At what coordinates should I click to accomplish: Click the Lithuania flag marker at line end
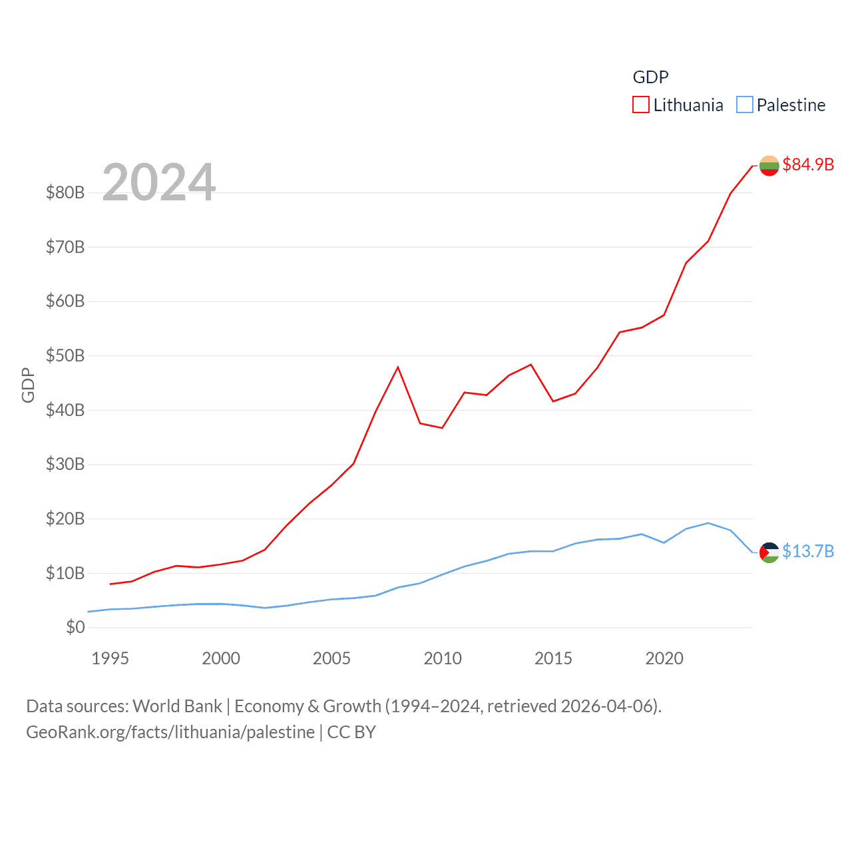point(769,166)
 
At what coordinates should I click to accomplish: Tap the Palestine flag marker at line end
point(769,552)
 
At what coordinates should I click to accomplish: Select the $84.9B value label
point(808,164)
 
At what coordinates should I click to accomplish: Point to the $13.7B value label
point(808,551)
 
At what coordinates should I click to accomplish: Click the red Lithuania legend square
point(640,105)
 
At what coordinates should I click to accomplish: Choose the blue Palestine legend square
point(745,105)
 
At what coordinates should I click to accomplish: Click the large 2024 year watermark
point(159,182)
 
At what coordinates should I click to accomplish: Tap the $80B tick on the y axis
point(65,193)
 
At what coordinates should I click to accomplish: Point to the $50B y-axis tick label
point(65,356)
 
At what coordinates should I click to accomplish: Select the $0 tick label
point(75,627)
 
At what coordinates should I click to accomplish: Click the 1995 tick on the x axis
point(110,658)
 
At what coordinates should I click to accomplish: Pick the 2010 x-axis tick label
point(443,658)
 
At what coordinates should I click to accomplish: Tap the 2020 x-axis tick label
point(664,658)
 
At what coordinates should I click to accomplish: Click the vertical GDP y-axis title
point(28,385)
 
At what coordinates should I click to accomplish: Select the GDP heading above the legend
point(650,77)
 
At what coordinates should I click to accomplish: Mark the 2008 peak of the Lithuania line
point(398,367)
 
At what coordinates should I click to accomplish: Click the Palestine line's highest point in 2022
point(708,523)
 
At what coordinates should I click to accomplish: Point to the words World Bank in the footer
point(177,706)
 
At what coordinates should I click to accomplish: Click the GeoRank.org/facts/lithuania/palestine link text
point(170,732)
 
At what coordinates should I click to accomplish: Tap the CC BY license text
point(351,732)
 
